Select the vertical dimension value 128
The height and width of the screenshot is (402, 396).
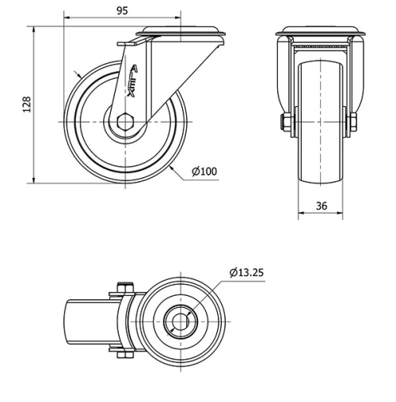(26, 104)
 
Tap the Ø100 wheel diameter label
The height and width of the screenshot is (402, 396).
(204, 171)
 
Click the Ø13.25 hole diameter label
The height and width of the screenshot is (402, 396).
(246, 271)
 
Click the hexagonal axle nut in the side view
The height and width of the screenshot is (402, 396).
(125, 122)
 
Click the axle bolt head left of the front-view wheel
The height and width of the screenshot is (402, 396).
(284, 122)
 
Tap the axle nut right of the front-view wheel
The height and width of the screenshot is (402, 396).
(353, 122)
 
